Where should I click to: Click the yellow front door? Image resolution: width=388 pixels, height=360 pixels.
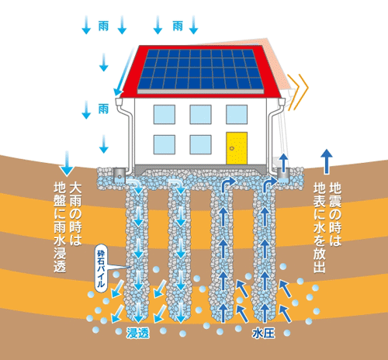coord(237,148)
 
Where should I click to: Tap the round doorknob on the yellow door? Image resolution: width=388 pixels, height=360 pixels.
coord(232,148)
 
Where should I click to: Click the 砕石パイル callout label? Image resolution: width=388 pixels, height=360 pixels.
coord(101,268)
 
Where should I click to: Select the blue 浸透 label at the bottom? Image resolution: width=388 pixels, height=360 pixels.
coord(138,333)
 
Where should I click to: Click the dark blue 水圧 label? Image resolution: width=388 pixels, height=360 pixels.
coord(263,333)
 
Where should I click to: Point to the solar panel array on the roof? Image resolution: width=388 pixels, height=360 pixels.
coord(200,70)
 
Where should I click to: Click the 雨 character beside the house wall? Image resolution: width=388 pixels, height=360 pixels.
coord(103,109)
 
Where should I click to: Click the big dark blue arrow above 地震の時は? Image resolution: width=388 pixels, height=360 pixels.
coord(327,161)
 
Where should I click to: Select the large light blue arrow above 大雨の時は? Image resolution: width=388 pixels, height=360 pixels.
coord(67,164)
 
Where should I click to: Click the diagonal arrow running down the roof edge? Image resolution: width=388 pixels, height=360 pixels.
coord(124,71)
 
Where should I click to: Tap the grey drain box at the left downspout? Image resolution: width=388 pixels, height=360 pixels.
coord(120,176)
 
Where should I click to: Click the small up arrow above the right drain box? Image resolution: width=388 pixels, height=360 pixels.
coord(284,162)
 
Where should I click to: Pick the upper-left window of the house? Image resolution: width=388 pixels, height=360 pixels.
coord(165,114)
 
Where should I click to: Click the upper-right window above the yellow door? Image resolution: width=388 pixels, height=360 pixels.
coord(237,114)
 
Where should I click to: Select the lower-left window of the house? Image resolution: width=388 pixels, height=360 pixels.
coord(165,144)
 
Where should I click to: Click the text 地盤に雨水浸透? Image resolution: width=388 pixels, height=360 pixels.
coord(60,227)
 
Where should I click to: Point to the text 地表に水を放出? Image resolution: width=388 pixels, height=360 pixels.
coord(320,227)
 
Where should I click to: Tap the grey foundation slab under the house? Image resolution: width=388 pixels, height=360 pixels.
coord(200,168)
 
